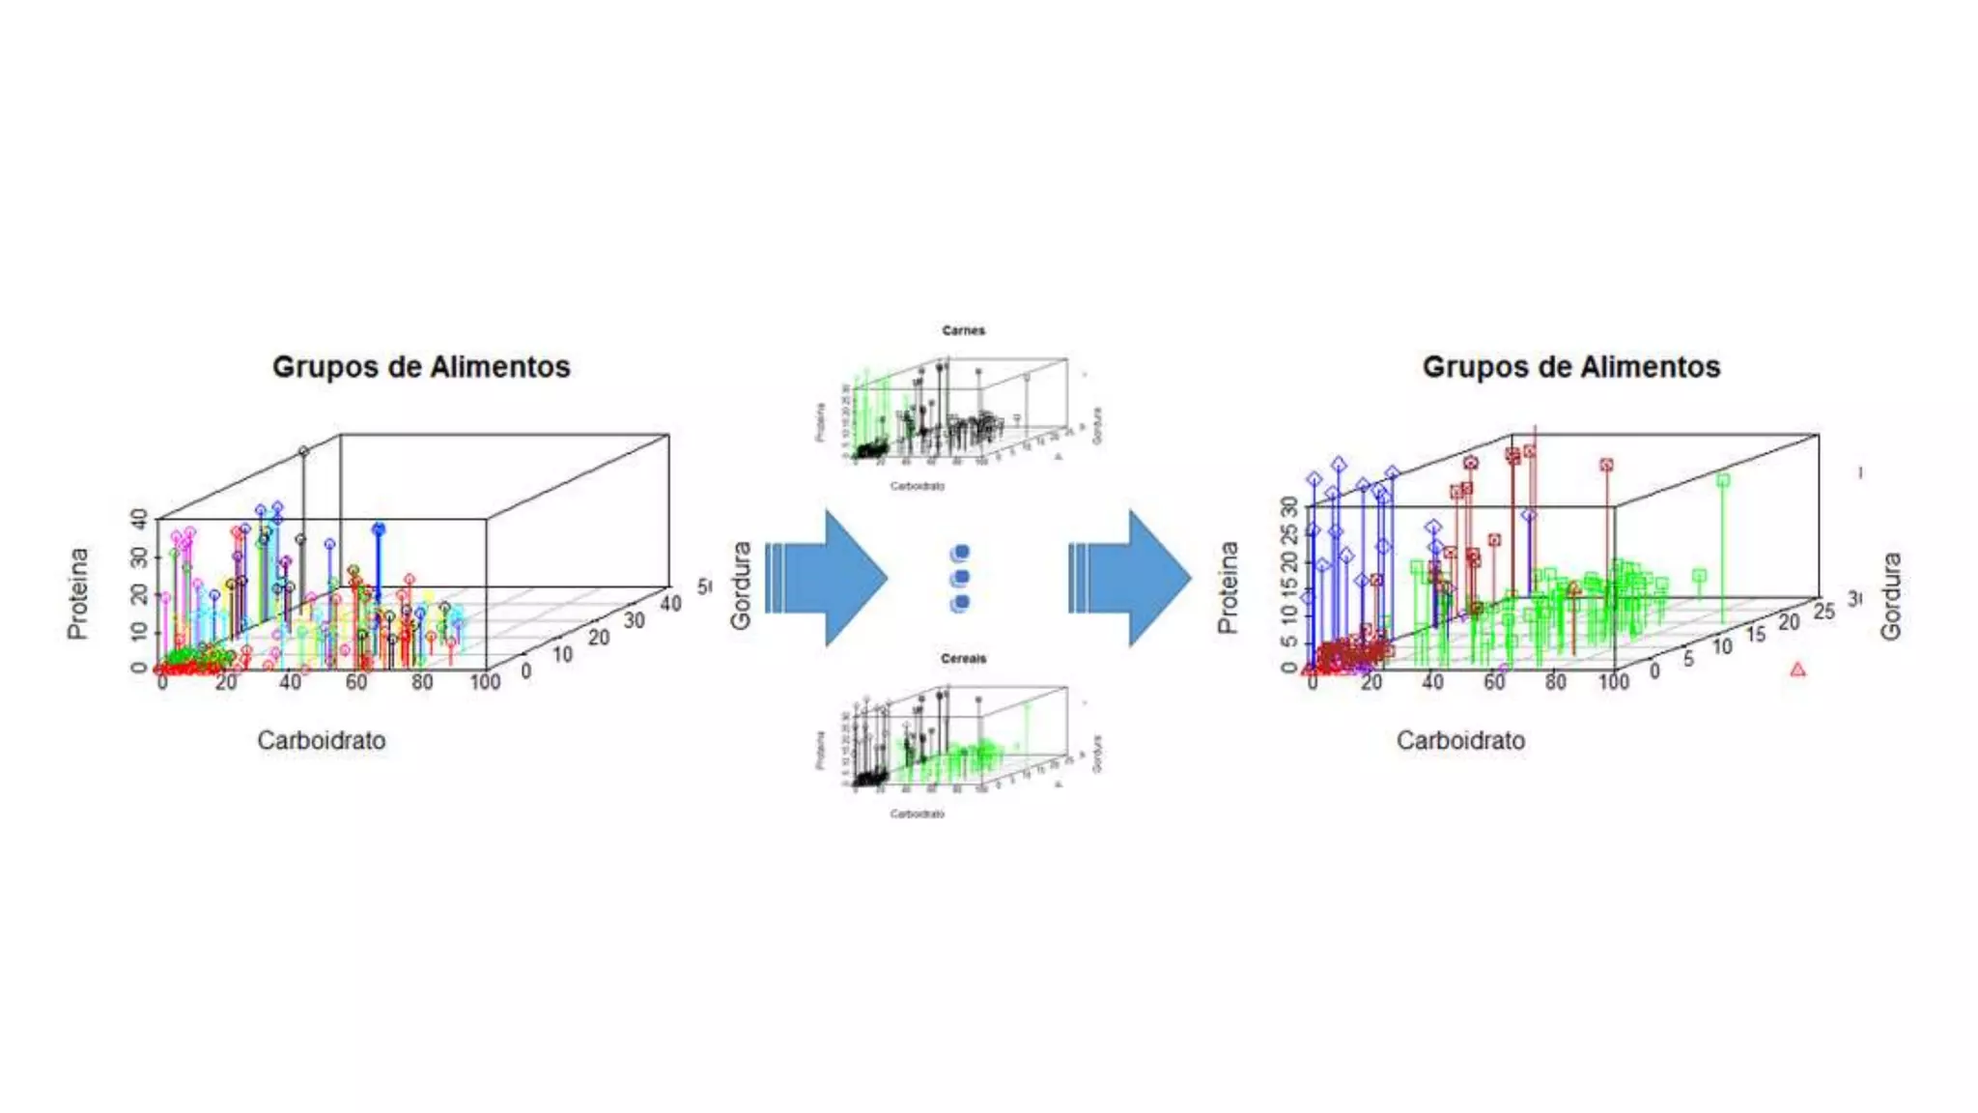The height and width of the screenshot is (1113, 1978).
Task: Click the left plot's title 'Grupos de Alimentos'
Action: click(x=421, y=367)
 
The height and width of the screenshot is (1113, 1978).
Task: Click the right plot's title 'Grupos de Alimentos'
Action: click(x=1570, y=367)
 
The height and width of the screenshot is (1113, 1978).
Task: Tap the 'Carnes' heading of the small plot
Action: click(x=963, y=330)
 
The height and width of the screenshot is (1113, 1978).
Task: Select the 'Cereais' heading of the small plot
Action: click(x=963, y=659)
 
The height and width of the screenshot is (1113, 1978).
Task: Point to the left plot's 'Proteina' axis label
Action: click(x=77, y=593)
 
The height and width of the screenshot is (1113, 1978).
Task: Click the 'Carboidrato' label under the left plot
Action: click(x=321, y=741)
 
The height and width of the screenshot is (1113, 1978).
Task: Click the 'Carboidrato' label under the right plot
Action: click(x=1460, y=741)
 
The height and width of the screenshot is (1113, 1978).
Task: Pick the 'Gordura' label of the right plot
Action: click(x=1890, y=595)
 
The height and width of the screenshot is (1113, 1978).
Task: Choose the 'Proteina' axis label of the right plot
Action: click(x=1228, y=587)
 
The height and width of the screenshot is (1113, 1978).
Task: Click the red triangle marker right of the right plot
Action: click(x=1797, y=670)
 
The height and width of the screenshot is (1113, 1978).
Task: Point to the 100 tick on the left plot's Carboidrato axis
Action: click(x=485, y=682)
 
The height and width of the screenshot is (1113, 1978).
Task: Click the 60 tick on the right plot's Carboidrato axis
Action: click(x=1494, y=682)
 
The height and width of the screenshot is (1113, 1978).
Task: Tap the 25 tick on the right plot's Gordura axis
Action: click(x=1823, y=611)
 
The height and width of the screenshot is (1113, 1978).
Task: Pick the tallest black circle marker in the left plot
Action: click(x=303, y=451)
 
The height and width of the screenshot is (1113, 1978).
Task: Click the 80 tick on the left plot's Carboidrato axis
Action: click(x=422, y=682)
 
